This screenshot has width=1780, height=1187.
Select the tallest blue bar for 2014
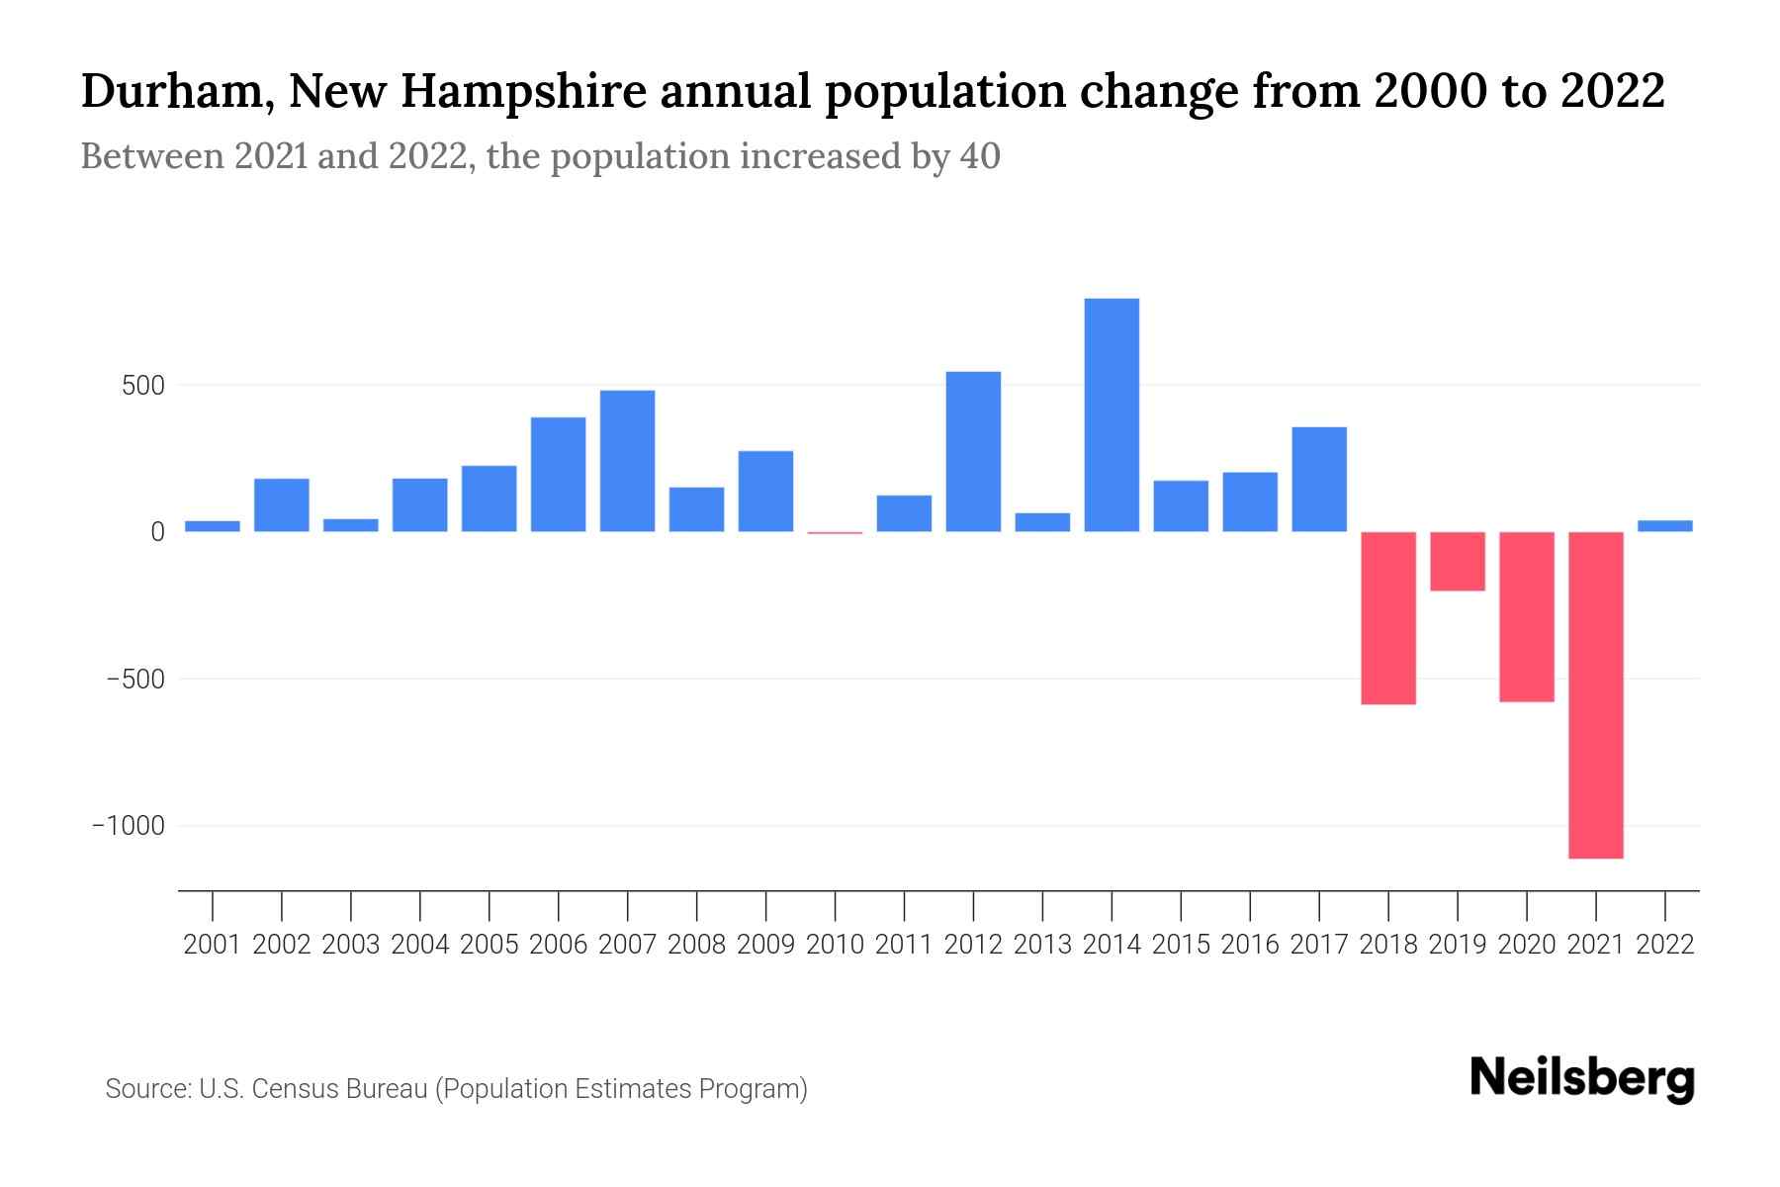[1112, 415]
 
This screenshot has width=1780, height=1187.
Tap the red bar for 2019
[1458, 561]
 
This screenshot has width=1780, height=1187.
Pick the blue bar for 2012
[973, 452]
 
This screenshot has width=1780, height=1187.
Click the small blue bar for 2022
[1665, 526]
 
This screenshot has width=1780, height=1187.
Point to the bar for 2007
[627, 461]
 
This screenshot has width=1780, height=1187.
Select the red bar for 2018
[1388, 618]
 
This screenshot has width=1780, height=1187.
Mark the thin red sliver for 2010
[835, 533]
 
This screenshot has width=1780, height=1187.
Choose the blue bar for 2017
[1319, 480]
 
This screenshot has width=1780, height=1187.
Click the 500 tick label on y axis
[142, 386]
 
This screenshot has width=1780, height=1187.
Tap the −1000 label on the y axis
[129, 826]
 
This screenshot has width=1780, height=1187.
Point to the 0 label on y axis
[157, 532]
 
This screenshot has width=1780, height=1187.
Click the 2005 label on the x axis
[489, 945]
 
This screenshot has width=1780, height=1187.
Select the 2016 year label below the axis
[1250, 945]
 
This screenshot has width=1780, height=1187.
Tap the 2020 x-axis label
[1527, 945]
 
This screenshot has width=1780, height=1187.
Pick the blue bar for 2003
[350, 525]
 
